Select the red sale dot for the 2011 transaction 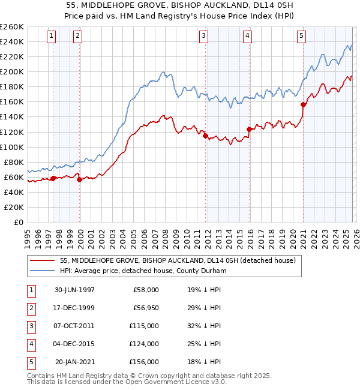[x=205, y=136]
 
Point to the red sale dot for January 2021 [x=304, y=104]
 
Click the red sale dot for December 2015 [x=249, y=128]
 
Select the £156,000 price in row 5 [x=145, y=362]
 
